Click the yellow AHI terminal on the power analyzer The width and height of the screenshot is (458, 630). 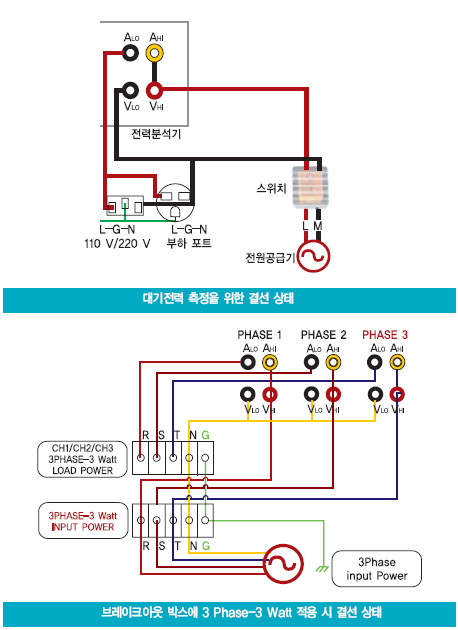(155, 53)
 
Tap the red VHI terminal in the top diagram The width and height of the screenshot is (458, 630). (155, 91)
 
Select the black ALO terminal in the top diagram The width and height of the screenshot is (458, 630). (130, 53)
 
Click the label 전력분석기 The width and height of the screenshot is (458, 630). (156, 134)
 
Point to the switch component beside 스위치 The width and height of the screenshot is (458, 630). (310, 188)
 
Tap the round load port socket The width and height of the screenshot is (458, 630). (175, 202)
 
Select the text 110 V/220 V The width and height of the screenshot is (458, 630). (117, 243)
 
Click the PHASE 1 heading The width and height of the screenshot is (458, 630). (260, 335)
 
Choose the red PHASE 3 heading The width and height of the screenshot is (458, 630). (384, 335)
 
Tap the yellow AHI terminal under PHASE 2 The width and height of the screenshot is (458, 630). (333, 362)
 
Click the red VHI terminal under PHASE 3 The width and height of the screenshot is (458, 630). (397, 395)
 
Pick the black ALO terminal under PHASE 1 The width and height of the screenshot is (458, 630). (248, 362)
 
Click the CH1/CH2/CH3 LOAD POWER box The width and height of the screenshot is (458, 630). (82, 459)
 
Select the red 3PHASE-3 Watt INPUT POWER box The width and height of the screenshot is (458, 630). (83, 521)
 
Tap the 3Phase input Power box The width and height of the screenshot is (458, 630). (376, 569)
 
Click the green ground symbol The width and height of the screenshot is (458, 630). (323, 568)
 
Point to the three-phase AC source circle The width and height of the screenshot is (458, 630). (284, 564)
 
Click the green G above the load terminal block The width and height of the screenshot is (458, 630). (205, 435)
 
